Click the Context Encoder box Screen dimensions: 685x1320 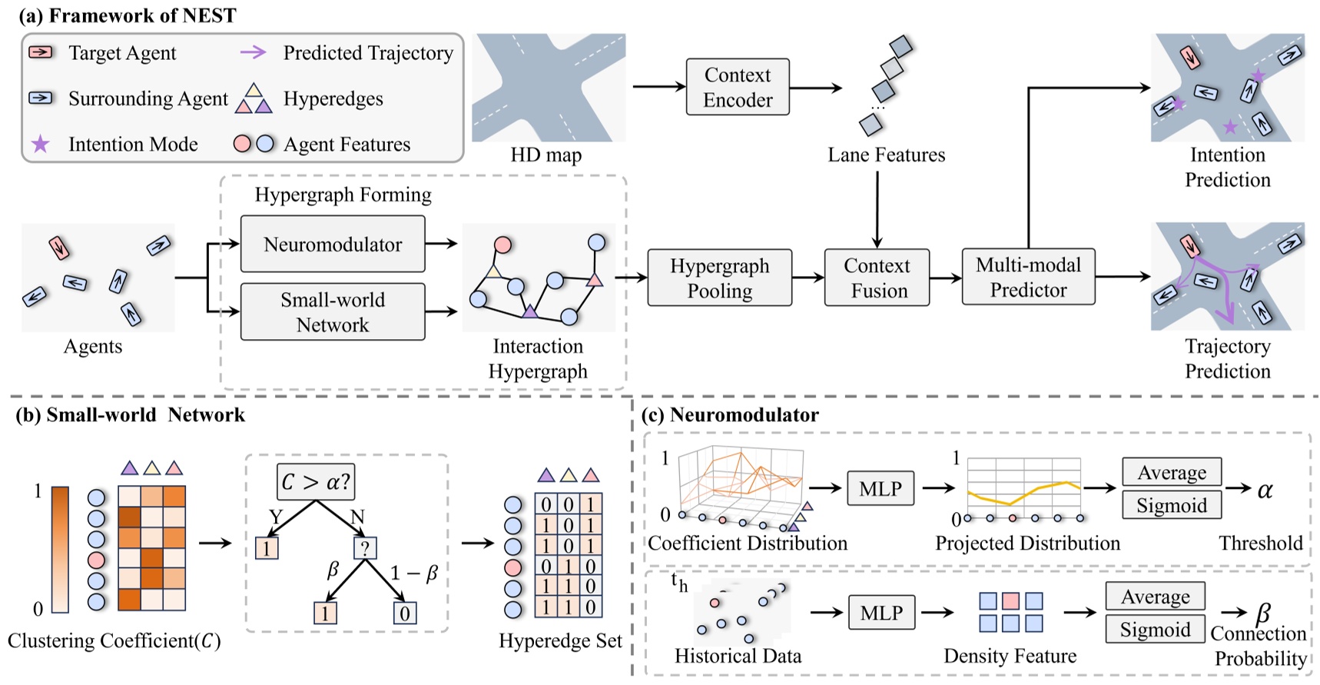pos(737,87)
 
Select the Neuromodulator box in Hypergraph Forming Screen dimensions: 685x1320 pos(332,244)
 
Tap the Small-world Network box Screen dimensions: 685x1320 pos(332,311)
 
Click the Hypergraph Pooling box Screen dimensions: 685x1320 pos(719,278)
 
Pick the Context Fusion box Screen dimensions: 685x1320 pos(877,278)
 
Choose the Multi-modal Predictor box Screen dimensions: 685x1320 pos(1028,277)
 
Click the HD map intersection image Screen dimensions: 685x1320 pos(548,87)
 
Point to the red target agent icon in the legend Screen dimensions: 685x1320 pos(41,52)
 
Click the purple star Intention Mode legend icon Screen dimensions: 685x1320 pos(40,144)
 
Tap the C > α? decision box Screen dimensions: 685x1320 pos(315,482)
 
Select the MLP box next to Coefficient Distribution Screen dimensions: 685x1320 pos(881,488)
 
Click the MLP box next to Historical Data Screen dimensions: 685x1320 pos(881,613)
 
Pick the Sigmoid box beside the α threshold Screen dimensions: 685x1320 pos(1171,505)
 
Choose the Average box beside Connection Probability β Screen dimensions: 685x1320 pos(1155,597)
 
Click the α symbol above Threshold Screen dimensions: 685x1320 pos(1265,489)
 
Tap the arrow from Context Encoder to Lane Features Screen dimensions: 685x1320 pos(816,88)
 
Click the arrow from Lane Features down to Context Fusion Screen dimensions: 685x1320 pos(877,208)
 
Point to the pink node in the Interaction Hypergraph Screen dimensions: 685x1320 pos(502,245)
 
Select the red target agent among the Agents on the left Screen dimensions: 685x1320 pos(59,248)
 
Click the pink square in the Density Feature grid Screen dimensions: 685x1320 pos(1011,600)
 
